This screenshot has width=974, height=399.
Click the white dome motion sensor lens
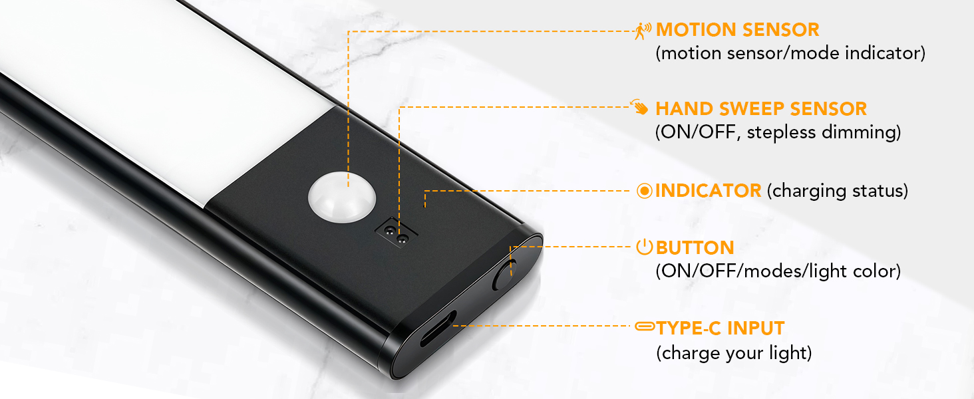(342, 197)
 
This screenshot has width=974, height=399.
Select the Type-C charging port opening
(438, 329)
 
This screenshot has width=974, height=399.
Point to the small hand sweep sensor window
(397, 233)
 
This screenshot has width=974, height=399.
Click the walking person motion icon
(643, 31)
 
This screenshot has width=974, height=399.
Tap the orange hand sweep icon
(640, 107)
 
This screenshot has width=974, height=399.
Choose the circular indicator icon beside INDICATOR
(645, 191)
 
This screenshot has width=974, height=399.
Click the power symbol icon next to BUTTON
(645, 247)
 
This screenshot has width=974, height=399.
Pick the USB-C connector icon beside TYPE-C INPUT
(645, 326)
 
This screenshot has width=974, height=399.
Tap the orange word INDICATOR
(709, 191)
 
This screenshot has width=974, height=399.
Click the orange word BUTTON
(695, 248)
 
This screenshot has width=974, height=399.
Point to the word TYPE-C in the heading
(689, 328)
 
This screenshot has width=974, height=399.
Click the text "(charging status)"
(838, 192)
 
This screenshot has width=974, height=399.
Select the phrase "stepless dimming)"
(824, 132)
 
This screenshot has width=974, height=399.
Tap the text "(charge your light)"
(734, 353)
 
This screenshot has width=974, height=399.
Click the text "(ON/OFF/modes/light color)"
(778, 271)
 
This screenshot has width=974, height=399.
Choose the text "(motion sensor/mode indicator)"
(790, 53)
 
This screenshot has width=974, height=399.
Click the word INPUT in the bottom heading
(756, 328)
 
